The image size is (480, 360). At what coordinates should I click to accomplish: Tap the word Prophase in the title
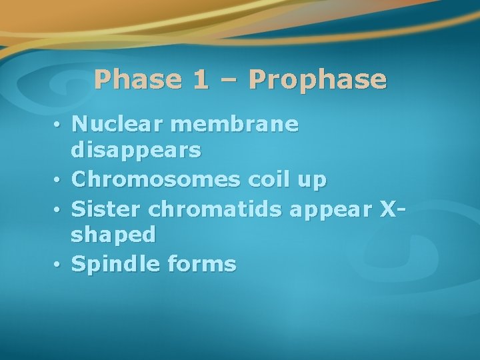[x=317, y=80]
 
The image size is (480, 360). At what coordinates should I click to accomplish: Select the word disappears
[x=136, y=151]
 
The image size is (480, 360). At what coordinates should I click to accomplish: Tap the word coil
[x=269, y=179]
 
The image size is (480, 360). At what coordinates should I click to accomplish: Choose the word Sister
[x=107, y=208]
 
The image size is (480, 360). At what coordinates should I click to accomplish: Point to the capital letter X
[x=389, y=208]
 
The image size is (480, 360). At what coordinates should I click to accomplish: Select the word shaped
[x=113, y=236]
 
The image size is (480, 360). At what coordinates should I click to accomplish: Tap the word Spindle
[x=116, y=265]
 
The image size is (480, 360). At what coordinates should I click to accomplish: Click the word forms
[x=202, y=265]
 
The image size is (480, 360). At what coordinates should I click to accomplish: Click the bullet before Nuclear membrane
[x=59, y=125]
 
